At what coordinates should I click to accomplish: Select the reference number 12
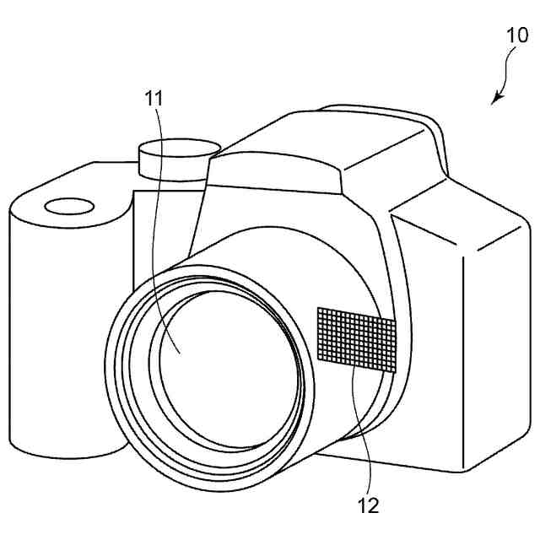369,505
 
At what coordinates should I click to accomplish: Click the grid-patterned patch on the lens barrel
356,339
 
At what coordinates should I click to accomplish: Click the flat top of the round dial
175,150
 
